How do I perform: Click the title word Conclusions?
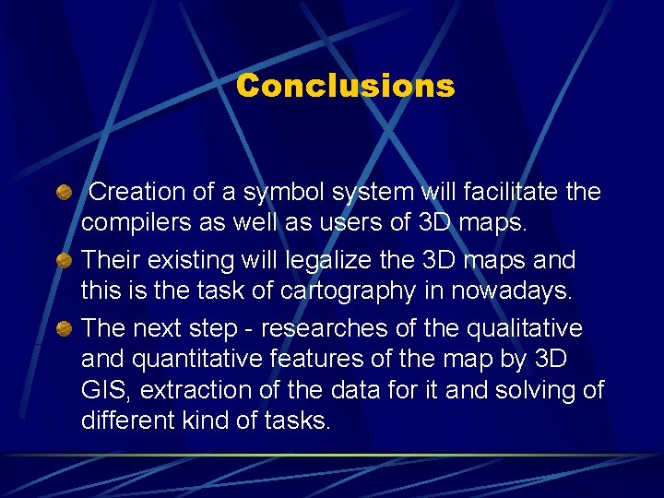345,86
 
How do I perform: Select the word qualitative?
527,328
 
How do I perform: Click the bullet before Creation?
63,193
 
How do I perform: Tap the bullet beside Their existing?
63,261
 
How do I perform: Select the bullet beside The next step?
63,329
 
